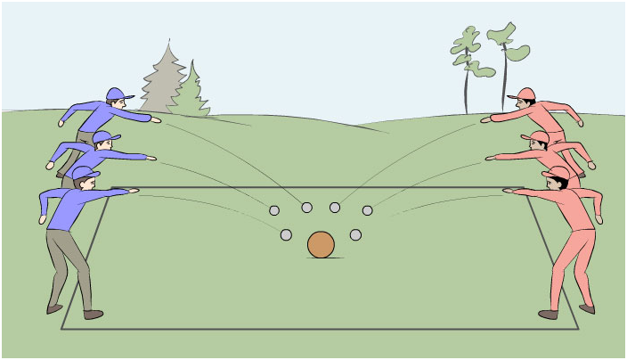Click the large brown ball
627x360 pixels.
321,244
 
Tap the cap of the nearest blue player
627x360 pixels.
85,172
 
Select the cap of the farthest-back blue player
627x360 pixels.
118,94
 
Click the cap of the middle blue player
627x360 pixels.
104,136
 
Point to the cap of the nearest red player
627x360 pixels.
557,172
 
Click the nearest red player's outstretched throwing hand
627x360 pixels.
507,190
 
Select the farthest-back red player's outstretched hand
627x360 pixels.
485,119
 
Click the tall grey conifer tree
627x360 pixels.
163,80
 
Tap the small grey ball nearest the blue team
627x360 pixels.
274,211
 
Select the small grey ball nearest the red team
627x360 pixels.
367,211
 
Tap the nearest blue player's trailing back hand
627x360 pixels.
42,218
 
